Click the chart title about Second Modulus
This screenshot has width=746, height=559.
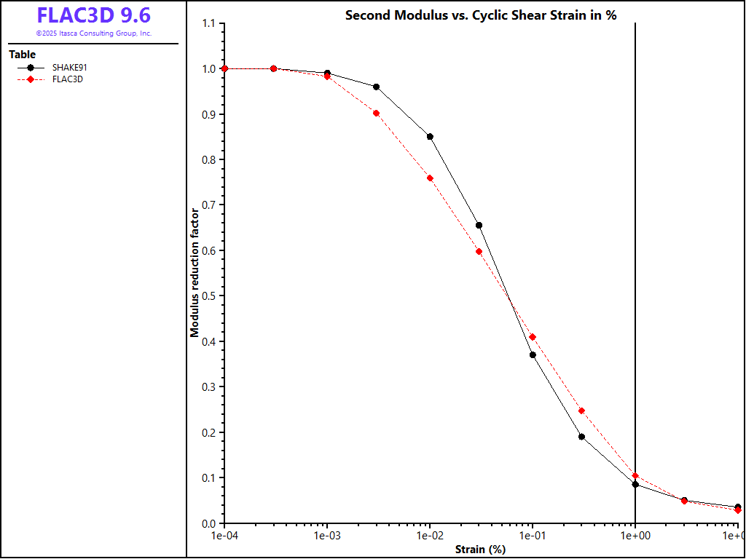click(481, 15)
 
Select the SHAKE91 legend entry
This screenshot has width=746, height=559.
click(70, 68)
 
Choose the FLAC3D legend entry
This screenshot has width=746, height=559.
click(68, 79)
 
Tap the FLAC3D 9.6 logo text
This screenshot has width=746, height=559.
click(94, 15)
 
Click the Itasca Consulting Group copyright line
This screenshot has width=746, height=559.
click(94, 33)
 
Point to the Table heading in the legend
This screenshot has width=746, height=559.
click(22, 55)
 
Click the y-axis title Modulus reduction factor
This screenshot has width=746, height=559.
click(195, 273)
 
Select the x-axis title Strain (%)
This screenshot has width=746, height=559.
click(480, 550)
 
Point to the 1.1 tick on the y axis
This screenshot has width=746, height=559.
click(208, 23)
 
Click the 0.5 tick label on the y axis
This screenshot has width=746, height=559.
click(208, 296)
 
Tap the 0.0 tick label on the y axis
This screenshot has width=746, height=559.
click(208, 523)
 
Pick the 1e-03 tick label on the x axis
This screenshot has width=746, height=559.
click(327, 536)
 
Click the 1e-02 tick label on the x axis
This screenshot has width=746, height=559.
click(430, 536)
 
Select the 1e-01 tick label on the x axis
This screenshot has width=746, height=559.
click(533, 536)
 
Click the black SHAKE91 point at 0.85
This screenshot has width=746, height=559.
click(430, 137)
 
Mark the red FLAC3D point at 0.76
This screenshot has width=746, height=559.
click(430, 178)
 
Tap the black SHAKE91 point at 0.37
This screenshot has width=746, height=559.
click(533, 355)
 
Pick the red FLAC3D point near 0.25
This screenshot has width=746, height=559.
click(581, 411)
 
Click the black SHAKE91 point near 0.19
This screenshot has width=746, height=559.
click(581, 437)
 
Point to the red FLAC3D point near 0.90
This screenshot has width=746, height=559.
click(376, 113)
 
